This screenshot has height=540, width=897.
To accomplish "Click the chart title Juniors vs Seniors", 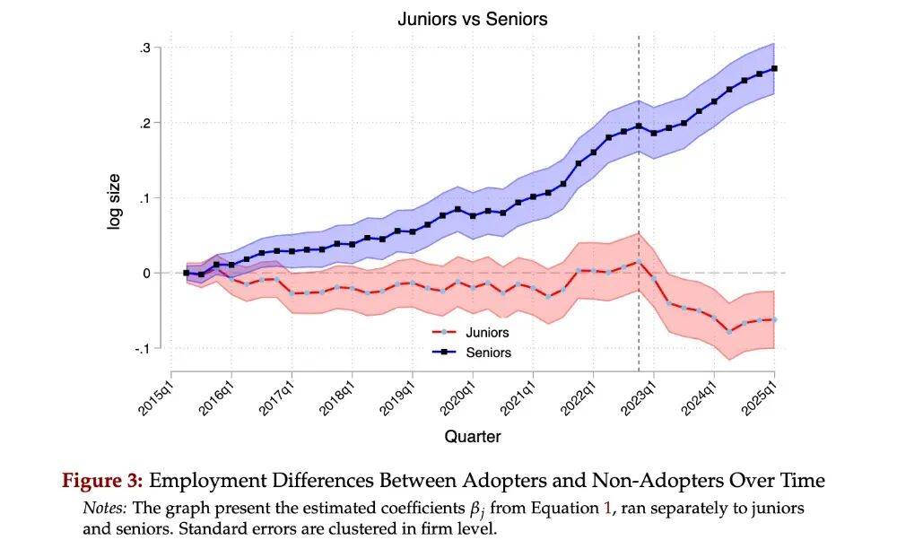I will pos(473,19).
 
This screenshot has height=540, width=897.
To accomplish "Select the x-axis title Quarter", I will pos(473,437).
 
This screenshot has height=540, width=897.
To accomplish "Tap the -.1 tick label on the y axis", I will pos(142,348).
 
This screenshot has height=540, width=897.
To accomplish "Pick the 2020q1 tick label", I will pos(457,396).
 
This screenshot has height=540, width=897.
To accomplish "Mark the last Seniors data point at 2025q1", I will pos(774,68).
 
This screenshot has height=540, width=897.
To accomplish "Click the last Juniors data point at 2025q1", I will pos(774,319).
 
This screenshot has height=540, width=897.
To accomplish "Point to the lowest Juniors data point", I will pos(729,331).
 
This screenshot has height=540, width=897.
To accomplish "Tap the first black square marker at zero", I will pos(186,273).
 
